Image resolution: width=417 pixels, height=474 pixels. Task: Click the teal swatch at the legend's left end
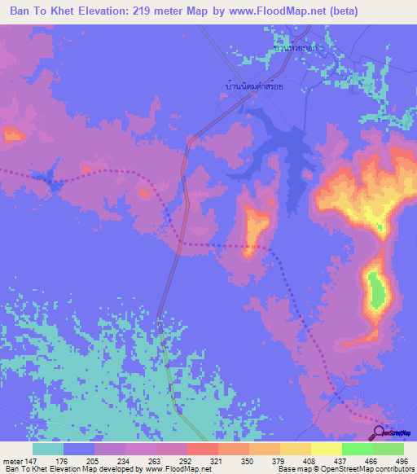[48, 449]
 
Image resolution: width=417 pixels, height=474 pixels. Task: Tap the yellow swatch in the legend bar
[326, 449]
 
